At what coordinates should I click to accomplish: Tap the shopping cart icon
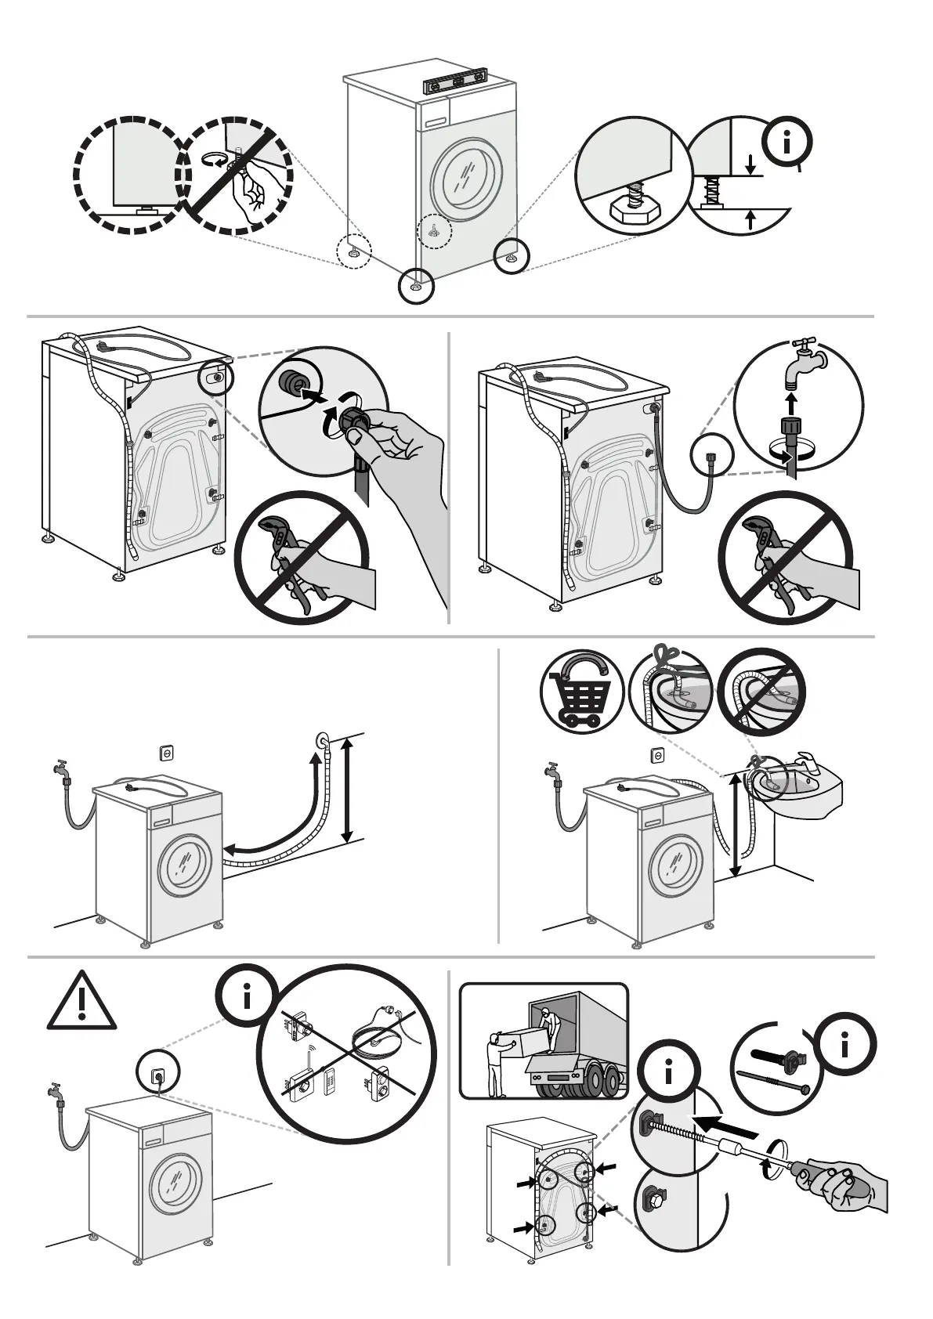(x=581, y=692)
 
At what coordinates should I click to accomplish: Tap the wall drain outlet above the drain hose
(x=321, y=739)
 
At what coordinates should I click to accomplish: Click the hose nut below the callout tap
(x=791, y=431)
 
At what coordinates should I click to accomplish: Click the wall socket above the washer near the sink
(x=656, y=754)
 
